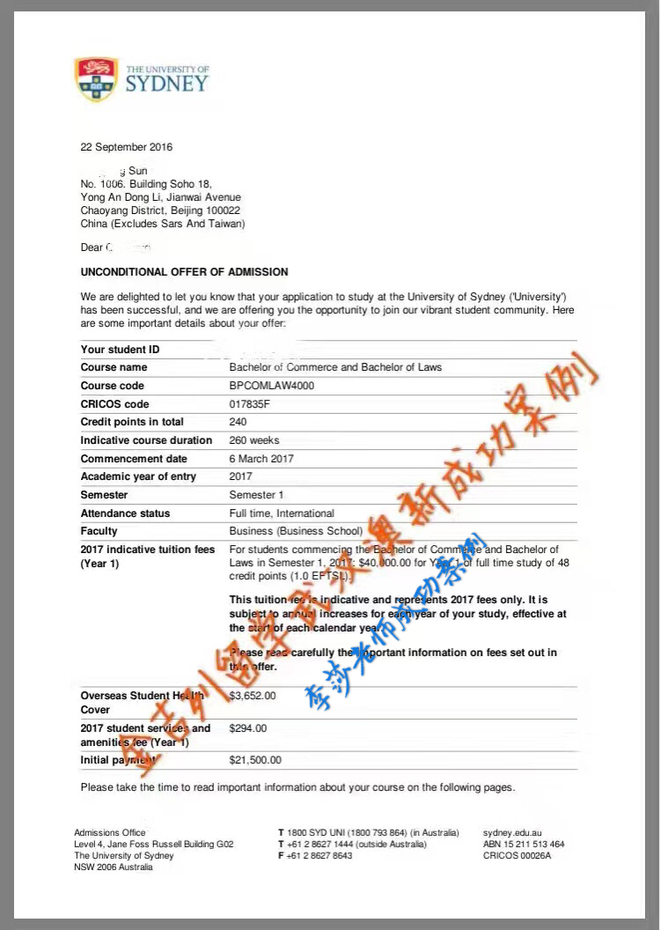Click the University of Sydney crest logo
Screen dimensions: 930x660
96,78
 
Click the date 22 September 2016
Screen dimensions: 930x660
127,147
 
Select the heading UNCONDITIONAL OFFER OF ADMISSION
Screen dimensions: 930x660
184,272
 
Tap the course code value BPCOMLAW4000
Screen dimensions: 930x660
271,386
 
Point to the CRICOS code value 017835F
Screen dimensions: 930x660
251,404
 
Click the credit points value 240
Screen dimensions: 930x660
238,422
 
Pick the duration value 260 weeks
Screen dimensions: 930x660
254,440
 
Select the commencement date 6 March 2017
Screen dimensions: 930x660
261,459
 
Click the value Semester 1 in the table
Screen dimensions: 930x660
256,495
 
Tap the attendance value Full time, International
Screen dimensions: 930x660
282,513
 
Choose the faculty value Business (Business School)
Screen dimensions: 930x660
296,531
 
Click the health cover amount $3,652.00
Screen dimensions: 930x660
253,695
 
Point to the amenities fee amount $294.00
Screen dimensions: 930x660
247,728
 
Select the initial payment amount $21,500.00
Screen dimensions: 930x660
255,759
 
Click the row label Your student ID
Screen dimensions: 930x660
120,350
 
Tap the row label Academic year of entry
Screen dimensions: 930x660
138,476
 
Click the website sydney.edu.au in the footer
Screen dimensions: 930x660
512,832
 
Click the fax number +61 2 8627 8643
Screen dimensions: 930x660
319,855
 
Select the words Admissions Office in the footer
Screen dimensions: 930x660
110,832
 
